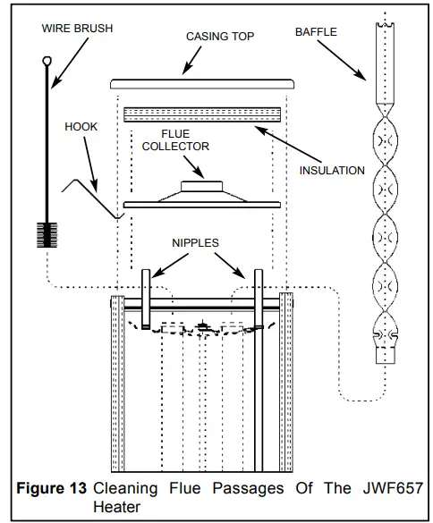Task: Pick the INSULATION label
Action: pos(332,170)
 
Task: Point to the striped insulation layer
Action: pos(201,114)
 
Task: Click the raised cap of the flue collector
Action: pos(202,186)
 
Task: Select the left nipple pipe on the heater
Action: pos(145,295)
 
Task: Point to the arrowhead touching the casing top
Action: pos(185,72)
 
